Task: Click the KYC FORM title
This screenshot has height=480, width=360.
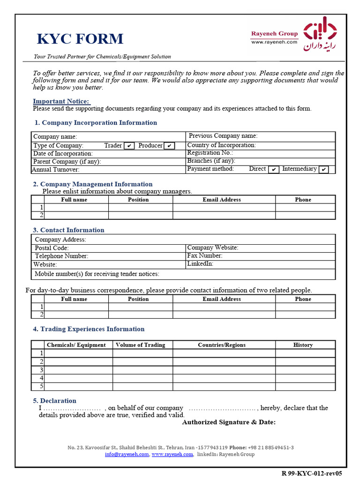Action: [80, 39]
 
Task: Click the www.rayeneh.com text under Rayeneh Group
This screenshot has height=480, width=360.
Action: [274, 42]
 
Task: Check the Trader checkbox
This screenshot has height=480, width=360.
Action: [129, 146]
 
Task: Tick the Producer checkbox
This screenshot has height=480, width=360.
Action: [169, 146]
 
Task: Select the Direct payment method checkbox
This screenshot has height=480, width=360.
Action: [274, 169]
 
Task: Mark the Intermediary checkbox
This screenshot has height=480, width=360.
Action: [323, 169]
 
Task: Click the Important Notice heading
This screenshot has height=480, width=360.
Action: [61, 101]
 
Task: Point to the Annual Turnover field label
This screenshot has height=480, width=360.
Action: [56, 170]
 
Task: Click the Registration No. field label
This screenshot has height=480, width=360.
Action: [210, 153]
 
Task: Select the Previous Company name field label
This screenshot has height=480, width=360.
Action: [223, 136]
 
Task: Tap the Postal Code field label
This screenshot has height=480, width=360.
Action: [52, 248]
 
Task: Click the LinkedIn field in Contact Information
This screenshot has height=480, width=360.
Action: [200, 264]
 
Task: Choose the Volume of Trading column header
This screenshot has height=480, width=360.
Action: [140, 345]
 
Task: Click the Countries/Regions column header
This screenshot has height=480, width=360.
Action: [221, 345]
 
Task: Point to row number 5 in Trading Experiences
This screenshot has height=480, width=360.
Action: [42, 386]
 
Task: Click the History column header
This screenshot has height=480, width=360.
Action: [303, 345]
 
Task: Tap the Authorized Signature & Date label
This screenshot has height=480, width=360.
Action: [228, 422]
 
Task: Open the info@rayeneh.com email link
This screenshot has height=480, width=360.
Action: [127, 454]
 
